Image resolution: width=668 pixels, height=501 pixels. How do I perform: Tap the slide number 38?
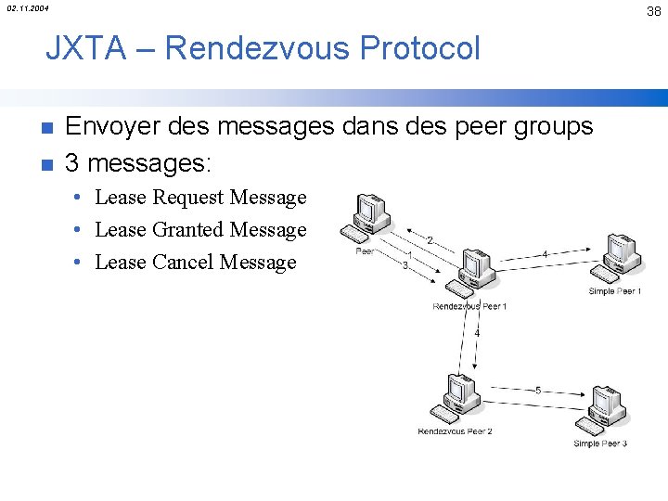[x=654, y=11]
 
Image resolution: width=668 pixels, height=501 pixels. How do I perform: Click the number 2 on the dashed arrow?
[x=429, y=240]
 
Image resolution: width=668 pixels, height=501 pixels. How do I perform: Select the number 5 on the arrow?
[x=538, y=391]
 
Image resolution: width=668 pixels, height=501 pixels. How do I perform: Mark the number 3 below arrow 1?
[x=405, y=265]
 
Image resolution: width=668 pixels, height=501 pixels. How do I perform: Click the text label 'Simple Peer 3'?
[x=600, y=443]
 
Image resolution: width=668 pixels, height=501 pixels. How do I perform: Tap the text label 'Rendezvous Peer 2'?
[x=455, y=431]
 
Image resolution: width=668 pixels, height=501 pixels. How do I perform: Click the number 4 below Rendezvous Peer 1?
[x=477, y=332]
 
